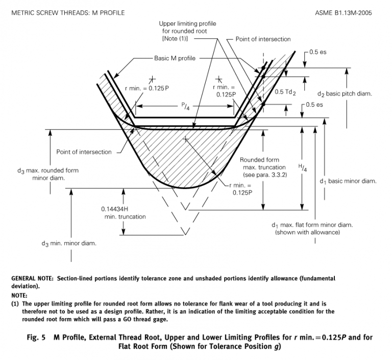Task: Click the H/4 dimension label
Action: pos(302,167)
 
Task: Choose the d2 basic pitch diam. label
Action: pos(345,94)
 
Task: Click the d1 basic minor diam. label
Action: pos(348,181)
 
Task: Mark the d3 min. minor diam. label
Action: pos(69,243)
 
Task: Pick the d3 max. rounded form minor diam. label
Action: pos(55,174)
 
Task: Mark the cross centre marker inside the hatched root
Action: pos(186,139)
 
